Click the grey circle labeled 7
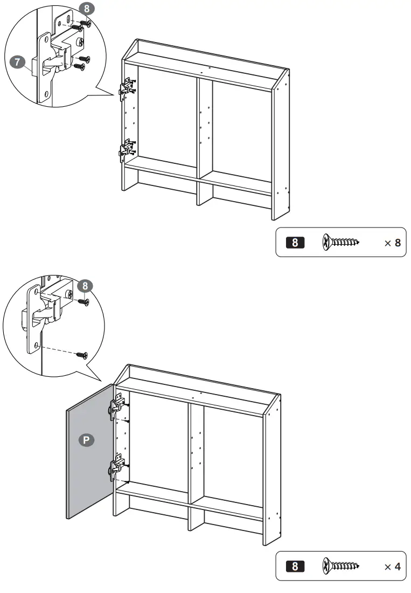click(x=17, y=63)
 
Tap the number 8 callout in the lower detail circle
click(x=84, y=285)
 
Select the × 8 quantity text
click(x=392, y=243)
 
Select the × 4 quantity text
click(x=392, y=567)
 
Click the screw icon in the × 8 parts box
click(x=340, y=243)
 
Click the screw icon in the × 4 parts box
click(x=340, y=567)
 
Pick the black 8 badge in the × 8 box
click(x=295, y=243)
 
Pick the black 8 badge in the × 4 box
click(x=295, y=567)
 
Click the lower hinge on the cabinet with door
click(x=118, y=467)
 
